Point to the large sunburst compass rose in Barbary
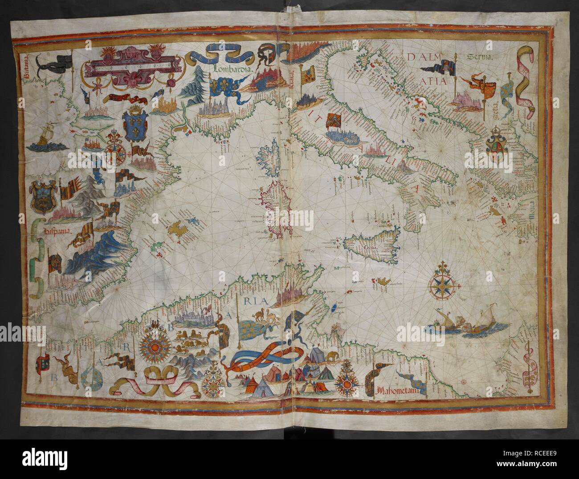click(153, 346)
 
